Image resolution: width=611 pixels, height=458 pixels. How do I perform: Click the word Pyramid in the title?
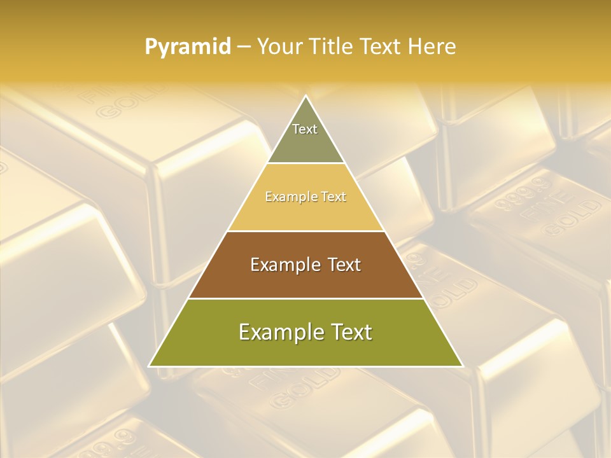click(x=188, y=47)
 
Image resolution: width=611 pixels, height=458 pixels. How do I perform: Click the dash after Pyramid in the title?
click(x=244, y=47)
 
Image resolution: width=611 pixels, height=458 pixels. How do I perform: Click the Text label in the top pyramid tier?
click(x=305, y=129)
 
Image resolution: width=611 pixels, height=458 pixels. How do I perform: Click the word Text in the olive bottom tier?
click(x=350, y=332)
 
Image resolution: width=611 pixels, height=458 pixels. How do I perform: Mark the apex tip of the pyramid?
click(x=305, y=96)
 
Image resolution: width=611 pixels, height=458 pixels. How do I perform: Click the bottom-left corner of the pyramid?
click(x=150, y=366)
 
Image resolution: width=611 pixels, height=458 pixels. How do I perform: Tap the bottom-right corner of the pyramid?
click(x=462, y=366)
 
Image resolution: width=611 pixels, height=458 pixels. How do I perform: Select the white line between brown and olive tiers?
click(x=305, y=299)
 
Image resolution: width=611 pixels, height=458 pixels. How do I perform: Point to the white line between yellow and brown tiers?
click(x=305, y=232)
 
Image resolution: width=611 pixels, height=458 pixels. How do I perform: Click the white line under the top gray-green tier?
click(x=305, y=163)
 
